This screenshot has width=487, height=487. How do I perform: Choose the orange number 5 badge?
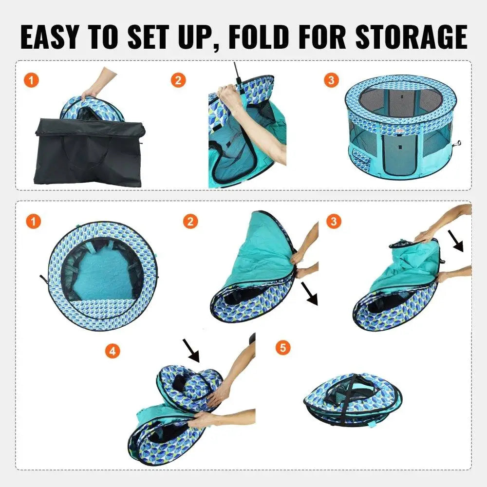tap(282, 348)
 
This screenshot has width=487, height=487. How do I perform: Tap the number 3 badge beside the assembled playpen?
tap(332, 80)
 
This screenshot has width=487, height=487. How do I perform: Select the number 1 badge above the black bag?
tap(31, 80)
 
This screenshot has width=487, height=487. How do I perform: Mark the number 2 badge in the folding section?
tap(191, 222)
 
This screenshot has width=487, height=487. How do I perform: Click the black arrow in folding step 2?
tap(308, 295)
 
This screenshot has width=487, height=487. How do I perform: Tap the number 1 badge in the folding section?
tap(33, 222)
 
